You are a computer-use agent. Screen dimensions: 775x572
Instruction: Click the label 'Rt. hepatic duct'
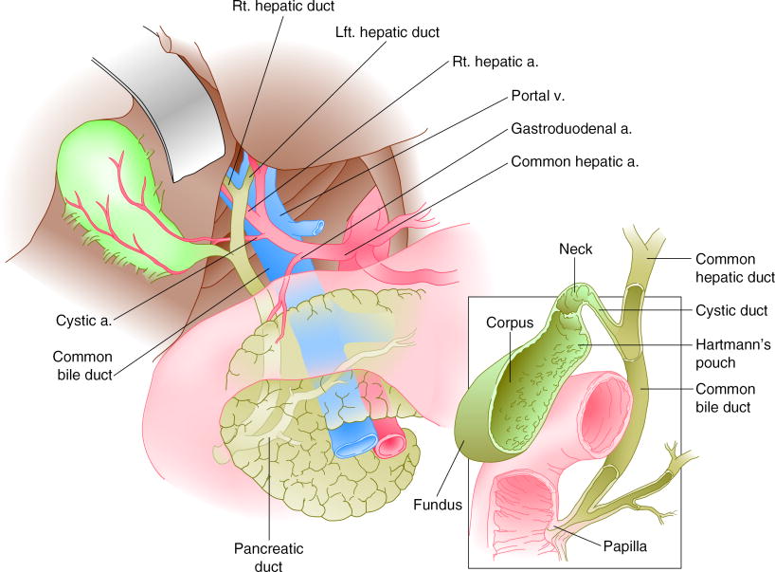[x=283, y=7]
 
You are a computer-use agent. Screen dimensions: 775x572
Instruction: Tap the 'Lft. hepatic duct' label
[x=387, y=32]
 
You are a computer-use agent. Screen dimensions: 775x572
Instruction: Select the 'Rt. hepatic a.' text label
[x=496, y=62]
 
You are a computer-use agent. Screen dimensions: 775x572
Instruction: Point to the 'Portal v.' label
[x=538, y=96]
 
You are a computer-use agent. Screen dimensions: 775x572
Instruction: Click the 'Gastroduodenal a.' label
[x=571, y=129]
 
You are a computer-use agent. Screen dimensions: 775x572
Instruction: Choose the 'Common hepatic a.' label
[x=575, y=162]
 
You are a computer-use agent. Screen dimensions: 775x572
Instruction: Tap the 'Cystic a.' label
[x=84, y=321]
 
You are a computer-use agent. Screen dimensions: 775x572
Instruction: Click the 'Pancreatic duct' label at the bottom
[x=268, y=557]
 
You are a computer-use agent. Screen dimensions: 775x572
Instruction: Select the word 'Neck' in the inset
[x=575, y=249]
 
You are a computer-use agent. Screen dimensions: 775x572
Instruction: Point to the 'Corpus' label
[x=510, y=323]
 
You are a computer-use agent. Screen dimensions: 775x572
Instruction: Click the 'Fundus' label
[x=438, y=505]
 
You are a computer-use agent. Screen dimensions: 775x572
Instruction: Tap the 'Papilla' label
[x=624, y=546]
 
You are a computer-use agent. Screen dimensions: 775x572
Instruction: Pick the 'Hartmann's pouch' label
[x=733, y=353]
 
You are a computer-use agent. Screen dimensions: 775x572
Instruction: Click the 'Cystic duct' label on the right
[x=731, y=311]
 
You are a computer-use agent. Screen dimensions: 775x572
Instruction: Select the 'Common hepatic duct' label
[x=735, y=268]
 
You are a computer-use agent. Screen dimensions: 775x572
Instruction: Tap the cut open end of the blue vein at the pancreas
[x=354, y=444]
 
